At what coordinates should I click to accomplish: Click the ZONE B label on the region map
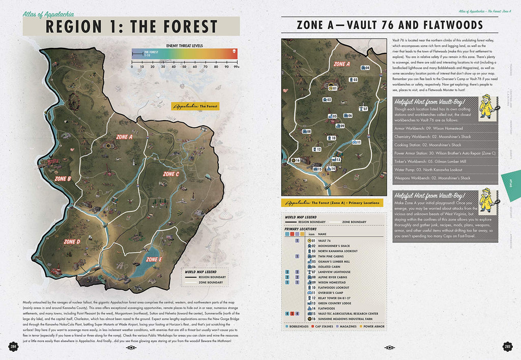(x=63, y=178)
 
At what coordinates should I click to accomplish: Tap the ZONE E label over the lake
(x=154, y=259)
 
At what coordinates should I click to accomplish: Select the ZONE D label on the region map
(x=72, y=242)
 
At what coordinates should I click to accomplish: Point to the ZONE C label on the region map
(x=170, y=174)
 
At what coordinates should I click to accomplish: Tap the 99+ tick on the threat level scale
(x=236, y=67)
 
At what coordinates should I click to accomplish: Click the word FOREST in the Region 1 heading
(x=175, y=26)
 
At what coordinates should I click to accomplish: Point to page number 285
(x=507, y=347)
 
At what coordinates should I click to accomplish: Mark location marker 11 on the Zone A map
(x=357, y=142)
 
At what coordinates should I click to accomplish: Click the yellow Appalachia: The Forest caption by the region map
(x=195, y=106)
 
